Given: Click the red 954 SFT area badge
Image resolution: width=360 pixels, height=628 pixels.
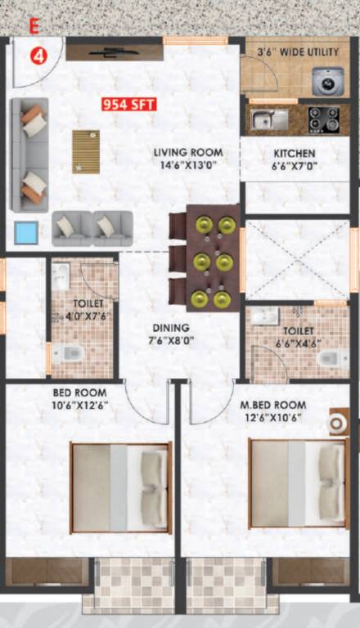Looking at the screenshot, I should tap(128, 105).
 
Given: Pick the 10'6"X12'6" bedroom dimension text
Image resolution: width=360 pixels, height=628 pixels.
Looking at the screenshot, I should tap(80, 405).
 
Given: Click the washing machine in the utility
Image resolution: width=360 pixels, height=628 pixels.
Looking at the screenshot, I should tap(328, 81).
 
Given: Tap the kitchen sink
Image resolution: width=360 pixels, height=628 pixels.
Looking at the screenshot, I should tap(269, 120).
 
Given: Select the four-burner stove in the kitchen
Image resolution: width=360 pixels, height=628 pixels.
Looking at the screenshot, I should tap(323, 119).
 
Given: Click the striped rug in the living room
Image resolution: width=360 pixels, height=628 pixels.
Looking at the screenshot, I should tap(85, 151).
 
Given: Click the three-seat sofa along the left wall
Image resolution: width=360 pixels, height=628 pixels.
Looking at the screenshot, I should tap(29, 155).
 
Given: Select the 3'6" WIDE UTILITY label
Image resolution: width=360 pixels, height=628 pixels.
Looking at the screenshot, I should tap(298, 52).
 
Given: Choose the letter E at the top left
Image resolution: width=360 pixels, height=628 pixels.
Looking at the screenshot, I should tap(34, 25).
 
